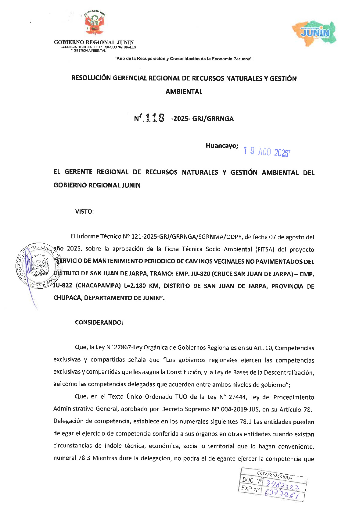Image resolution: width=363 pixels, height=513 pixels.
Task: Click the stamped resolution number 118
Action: pyautogui.click(x=155, y=118)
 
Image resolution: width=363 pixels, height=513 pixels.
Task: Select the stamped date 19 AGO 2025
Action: pyautogui.click(x=266, y=152)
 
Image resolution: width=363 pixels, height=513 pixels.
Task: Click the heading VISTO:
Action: pyautogui.click(x=84, y=212)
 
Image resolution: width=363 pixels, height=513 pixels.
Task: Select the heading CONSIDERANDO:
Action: pyautogui.click(x=99, y=322)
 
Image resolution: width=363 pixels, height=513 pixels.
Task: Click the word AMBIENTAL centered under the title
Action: pyautogui.click(x=184, y=91)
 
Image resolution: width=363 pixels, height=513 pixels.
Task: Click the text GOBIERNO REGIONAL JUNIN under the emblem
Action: pyautogui.click(x=94, y=42)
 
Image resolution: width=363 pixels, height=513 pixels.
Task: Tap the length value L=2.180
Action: pyautogui.click(x=135, y=286)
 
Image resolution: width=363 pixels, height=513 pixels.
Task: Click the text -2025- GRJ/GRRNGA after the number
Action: pyautogui.click(x=202, y=119)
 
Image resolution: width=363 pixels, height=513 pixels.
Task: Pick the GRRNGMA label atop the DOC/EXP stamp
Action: pyautogui.click(x=275, y=474)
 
